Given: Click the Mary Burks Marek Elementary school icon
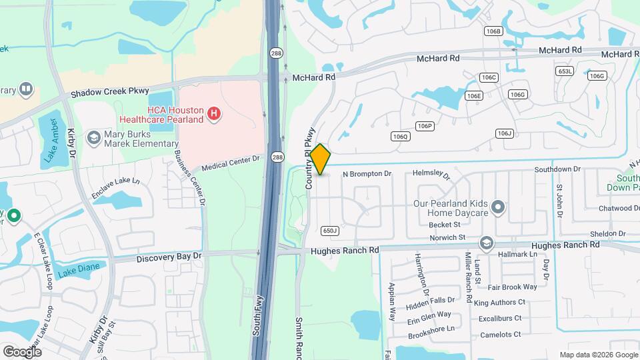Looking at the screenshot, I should coord(94,137).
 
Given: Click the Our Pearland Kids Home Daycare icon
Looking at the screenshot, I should coord(497,208).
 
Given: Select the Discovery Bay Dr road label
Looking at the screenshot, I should coord(168,257).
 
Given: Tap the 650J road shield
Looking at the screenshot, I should coord(330,231).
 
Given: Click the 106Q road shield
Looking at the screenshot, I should coord(400,137).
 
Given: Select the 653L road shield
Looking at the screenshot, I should coord(565,71).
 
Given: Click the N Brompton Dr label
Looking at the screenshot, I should coord(367,174).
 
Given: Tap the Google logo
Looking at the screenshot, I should coord(22,351).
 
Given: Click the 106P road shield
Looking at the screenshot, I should coord(425,125).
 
